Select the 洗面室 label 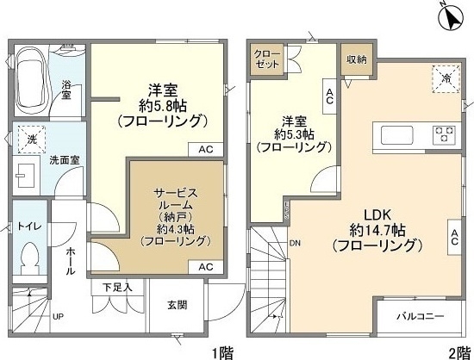64,159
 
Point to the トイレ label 28,227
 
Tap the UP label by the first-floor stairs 58,316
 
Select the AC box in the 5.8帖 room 206,149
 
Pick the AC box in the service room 206,267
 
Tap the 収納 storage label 357,59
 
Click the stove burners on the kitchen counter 444,134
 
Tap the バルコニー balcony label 420,316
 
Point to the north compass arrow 450,15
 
